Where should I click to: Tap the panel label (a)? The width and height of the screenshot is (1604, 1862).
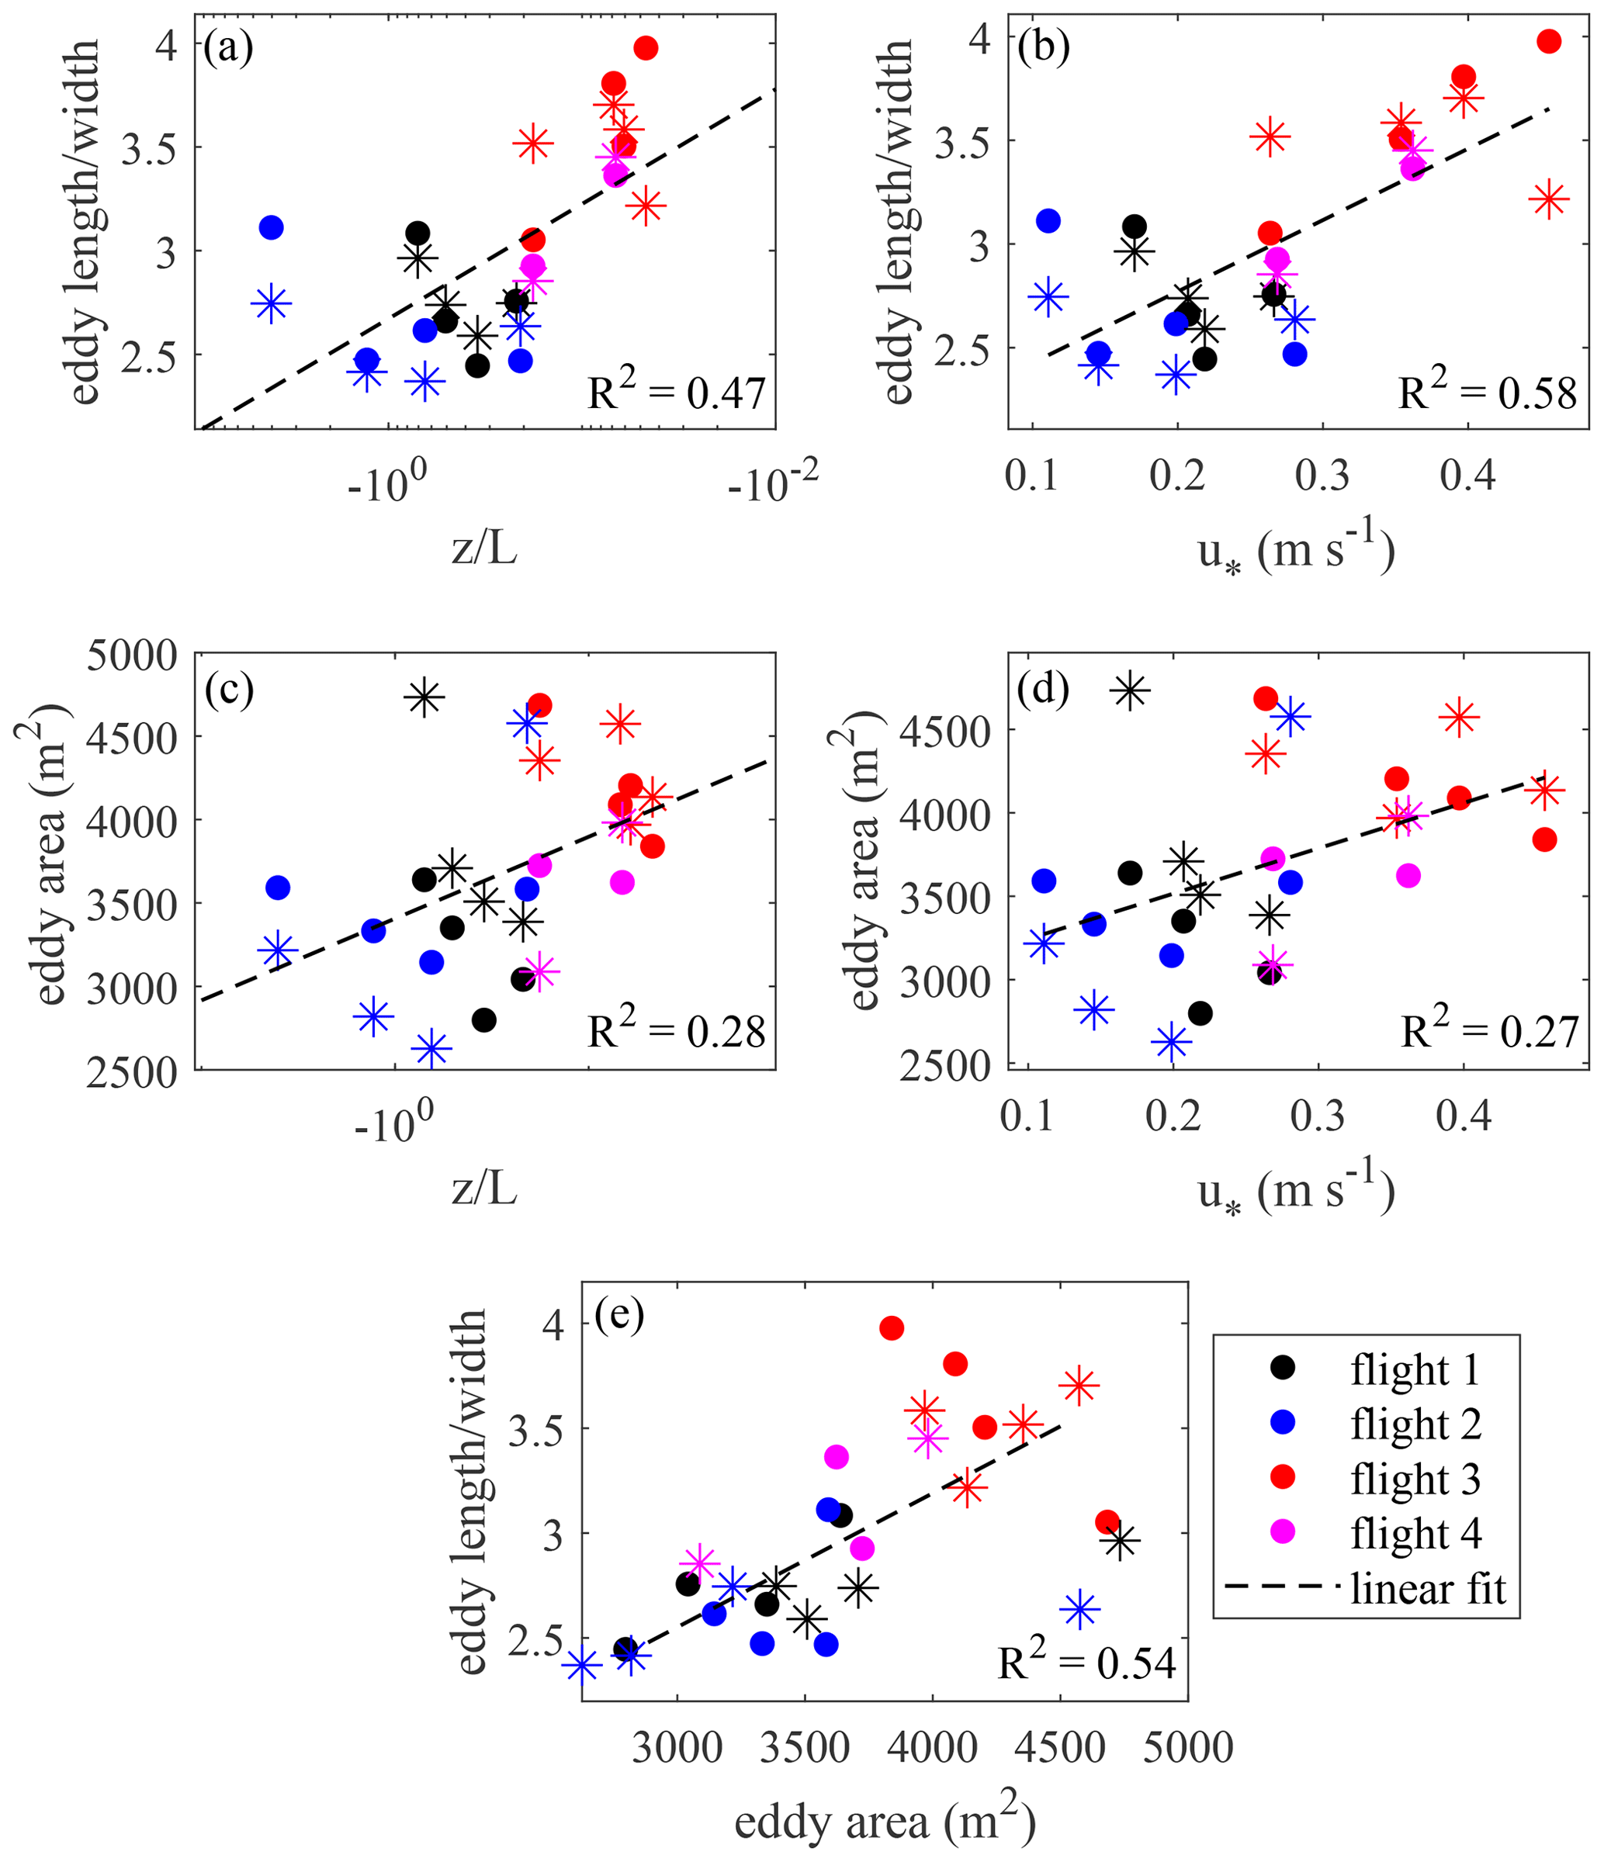point(228,47)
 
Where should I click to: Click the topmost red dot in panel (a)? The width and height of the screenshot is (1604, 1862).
point(645,47)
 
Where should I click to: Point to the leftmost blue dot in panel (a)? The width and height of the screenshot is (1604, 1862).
point(272,227)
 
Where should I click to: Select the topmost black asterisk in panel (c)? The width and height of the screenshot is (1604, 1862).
point(424,697)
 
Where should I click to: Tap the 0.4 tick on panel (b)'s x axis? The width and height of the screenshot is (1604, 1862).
point(1467,476)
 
